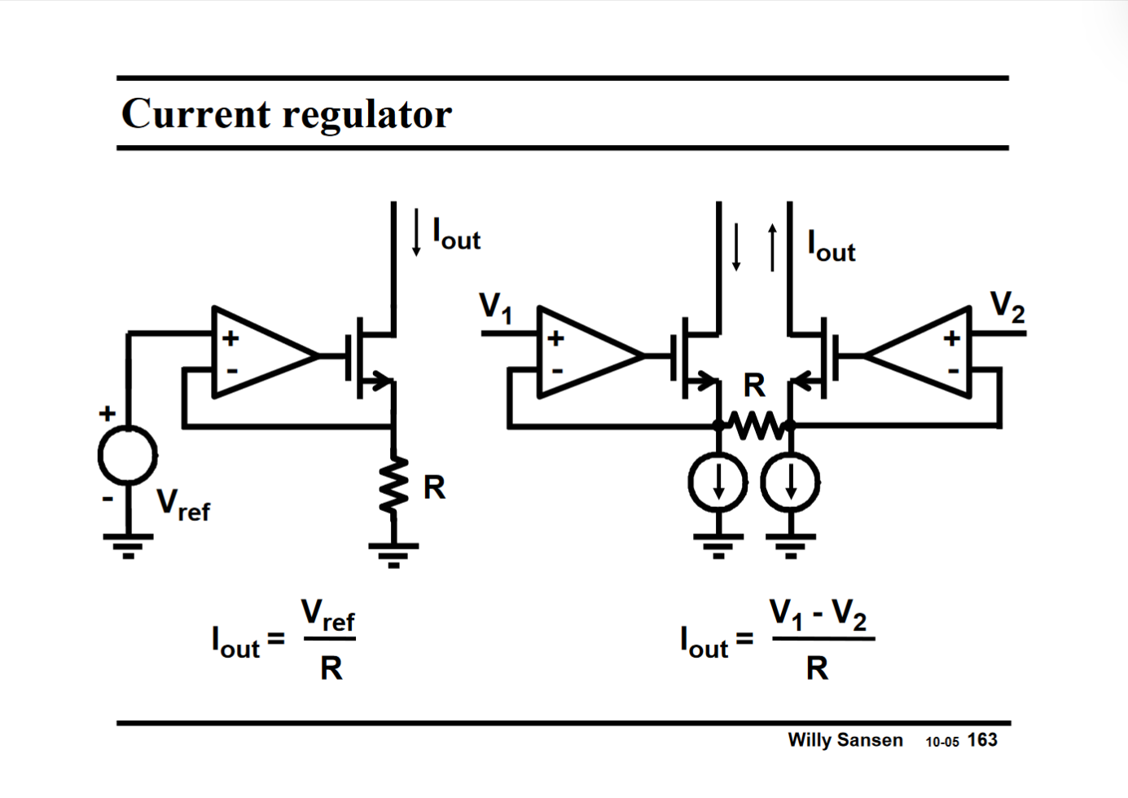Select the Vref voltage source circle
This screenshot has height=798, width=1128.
(x=128, y=455)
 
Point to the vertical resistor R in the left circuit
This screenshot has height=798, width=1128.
(x=394, y=486)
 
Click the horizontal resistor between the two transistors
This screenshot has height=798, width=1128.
(x=755, y=425)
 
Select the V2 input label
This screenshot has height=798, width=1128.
(x=1007, y=306)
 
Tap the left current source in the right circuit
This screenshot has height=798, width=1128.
(x=718, y=483)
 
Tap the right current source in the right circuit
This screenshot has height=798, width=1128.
(x=790, y=483)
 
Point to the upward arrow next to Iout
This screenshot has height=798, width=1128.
(x=772, y=248)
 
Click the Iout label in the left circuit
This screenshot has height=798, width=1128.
(x=457, y=235)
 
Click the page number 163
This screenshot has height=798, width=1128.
(x=982, y=740)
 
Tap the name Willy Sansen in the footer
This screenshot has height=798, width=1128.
(x=845, y=740)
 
